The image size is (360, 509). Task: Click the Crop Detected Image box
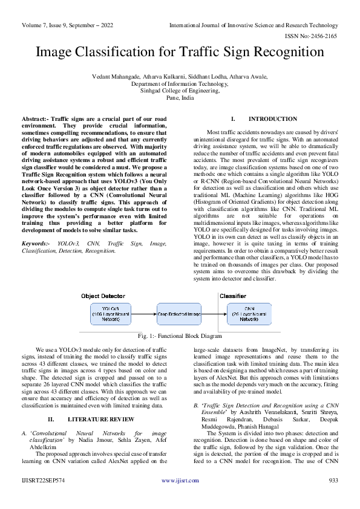[178, 314]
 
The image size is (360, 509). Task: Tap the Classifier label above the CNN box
[232, 296]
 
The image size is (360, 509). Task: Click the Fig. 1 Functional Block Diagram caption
[180, 336]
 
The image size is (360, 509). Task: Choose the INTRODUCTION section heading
[264, 119]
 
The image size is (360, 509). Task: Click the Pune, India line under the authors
[180, 97]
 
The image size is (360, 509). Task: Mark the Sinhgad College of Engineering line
[180, 90]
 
